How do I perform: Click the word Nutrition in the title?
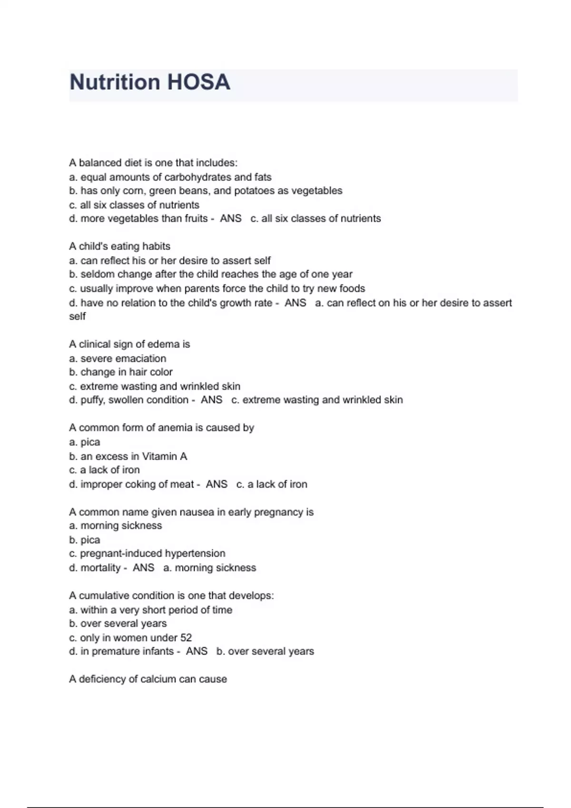114,82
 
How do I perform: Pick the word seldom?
96,274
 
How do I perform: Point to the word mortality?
100,568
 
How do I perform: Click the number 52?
186,638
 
